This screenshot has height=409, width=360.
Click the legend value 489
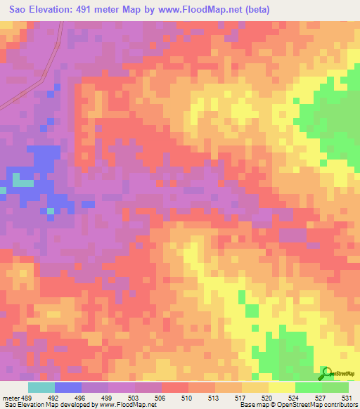[22, 398]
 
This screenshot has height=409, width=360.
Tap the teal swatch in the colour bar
[41, 387]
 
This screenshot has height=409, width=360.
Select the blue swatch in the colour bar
[68, 387]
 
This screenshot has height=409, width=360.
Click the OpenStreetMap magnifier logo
[326, 372]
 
